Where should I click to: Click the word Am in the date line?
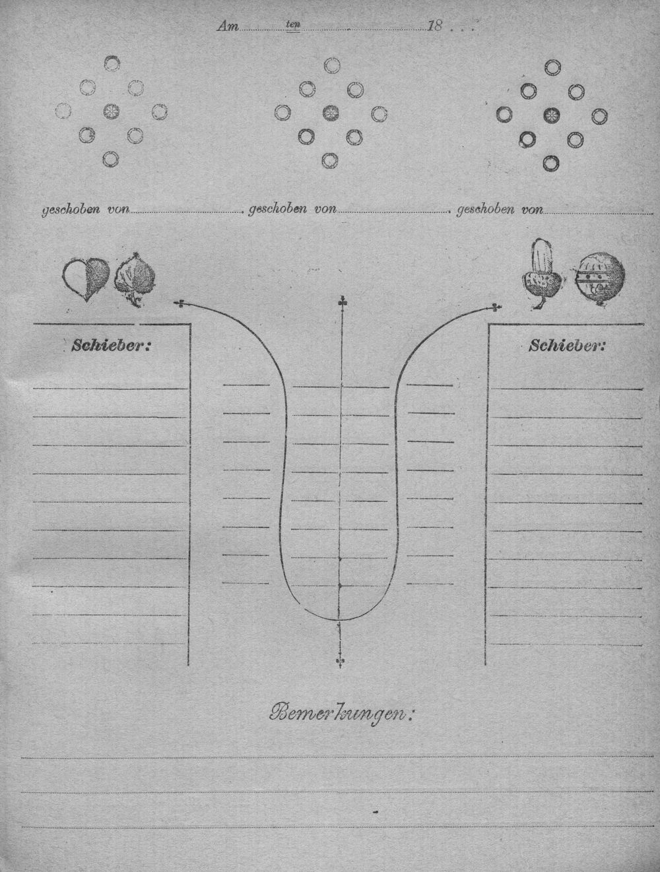(x=228, y=26)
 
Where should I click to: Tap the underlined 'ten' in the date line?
(x=293, y=24)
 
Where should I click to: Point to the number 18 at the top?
(x=435, y=26)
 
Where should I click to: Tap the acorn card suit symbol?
(x=542, y=273)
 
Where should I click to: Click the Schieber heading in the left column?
(x=112, y=346)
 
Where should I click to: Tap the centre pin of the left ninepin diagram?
(x=112, y=111)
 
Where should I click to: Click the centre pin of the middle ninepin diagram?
(x=331, y=113)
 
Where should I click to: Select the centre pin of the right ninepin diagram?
(x=552, y=115)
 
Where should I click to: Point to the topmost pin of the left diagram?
(x=112, y=63)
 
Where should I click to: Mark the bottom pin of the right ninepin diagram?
(x=551, y=163)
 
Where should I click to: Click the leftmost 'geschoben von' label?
(x=86, y=210)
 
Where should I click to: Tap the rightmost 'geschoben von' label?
(x=500, y=210)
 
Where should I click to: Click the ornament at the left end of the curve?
(x=180, y=304)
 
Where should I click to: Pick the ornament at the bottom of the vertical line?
(x=339, y=662)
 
